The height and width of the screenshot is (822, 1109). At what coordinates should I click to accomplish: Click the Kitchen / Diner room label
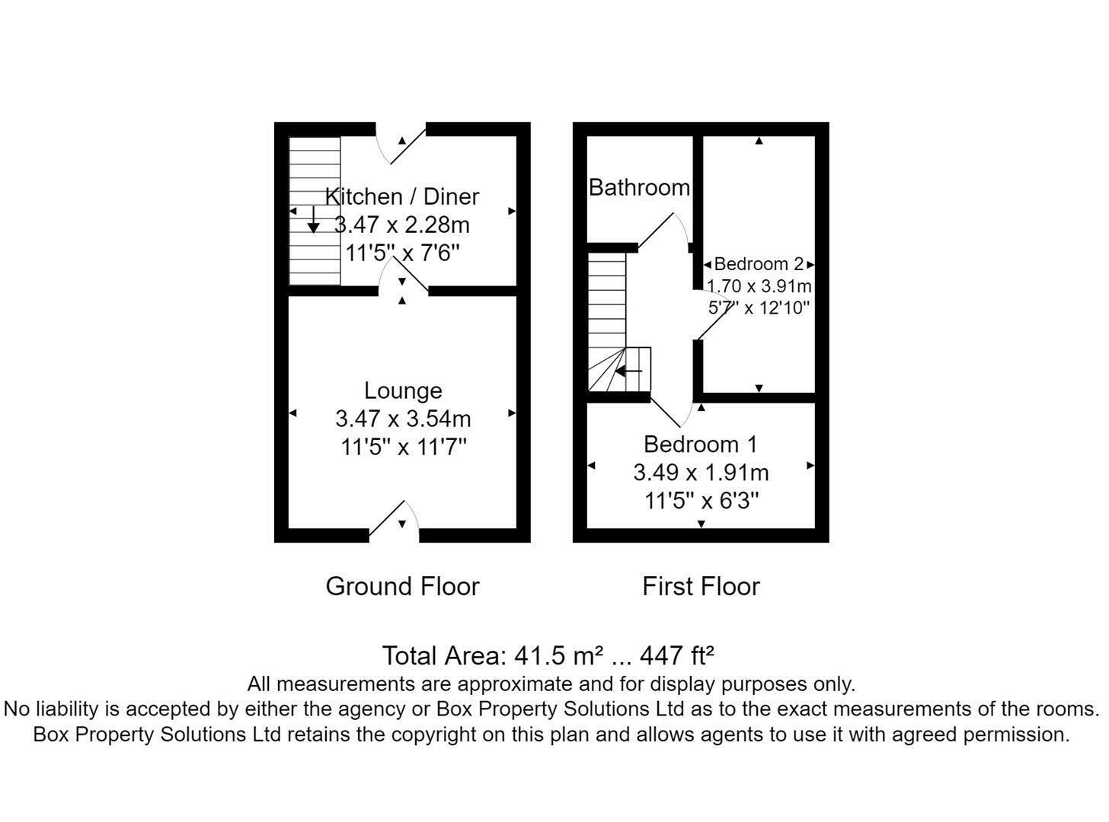point(402,196)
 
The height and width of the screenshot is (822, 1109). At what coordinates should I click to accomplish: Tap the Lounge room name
point(403,390)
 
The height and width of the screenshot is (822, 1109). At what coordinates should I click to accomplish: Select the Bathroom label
point(639,187)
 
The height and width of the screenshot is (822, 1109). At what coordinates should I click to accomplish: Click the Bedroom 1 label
point(701,444)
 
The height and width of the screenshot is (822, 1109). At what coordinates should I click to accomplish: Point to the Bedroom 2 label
point(759,264)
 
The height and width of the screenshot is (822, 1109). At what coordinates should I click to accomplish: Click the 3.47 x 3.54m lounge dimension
point(403,419)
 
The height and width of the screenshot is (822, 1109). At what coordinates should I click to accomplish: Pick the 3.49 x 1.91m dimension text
point(701,473)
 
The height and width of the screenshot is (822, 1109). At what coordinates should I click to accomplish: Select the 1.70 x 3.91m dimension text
point(759,286)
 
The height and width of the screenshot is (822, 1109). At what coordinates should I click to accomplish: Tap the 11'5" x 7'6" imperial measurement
point(403,253)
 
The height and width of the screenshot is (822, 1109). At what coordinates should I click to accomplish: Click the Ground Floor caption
point(402,586)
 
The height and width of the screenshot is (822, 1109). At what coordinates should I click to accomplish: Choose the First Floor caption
point(701,586)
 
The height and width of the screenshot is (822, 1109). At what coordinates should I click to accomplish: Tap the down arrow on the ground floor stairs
point(313,220)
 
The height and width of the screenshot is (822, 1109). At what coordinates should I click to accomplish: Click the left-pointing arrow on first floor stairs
point(628,371)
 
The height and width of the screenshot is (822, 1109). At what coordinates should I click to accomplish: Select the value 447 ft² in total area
point(676,655)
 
